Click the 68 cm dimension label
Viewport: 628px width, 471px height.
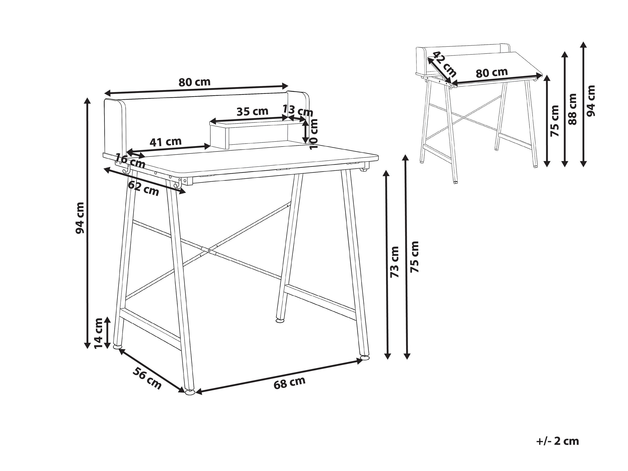coord(289,383)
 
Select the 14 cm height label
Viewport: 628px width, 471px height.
coord(98,334)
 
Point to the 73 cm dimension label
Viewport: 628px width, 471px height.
coord(394,262)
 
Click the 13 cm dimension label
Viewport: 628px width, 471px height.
coord(298,111)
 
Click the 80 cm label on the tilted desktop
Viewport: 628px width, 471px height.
coord(492,73)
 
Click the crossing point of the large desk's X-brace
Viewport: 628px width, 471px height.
coord(209,251)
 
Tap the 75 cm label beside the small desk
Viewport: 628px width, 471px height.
coord(554,121)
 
